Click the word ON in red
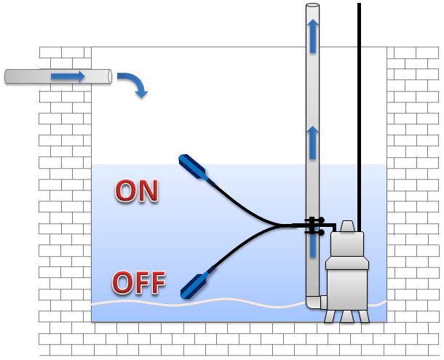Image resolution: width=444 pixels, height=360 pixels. (137, 191)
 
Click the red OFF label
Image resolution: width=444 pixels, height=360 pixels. (139, 281)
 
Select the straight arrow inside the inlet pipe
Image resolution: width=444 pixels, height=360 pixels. (68, 76)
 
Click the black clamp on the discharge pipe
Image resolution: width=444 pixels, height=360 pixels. (313, 225)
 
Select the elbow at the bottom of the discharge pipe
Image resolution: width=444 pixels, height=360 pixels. (316, 301)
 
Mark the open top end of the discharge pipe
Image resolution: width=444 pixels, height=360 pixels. (312, 7)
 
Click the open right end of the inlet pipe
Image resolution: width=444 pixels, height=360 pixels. (108, 76)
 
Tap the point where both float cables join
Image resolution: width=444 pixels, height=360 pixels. (281, 225)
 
